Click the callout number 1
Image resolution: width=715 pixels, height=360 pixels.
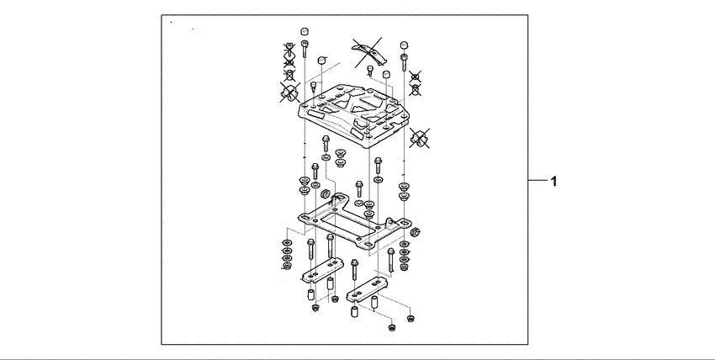tap(553, 181)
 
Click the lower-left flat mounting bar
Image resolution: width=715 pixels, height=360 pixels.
tap(319, 275)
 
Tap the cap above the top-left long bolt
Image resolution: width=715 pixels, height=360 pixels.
tap(303, 34)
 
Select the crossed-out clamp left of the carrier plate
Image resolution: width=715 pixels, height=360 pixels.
tap(291, 92)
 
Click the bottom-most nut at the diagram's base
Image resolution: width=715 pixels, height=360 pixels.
tap(391, 326)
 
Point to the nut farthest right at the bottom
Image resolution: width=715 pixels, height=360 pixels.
tap(410, 317)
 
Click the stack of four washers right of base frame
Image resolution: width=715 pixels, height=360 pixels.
tap(405, 254)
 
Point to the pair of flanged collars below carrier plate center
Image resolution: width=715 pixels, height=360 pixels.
tap(341, 157)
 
